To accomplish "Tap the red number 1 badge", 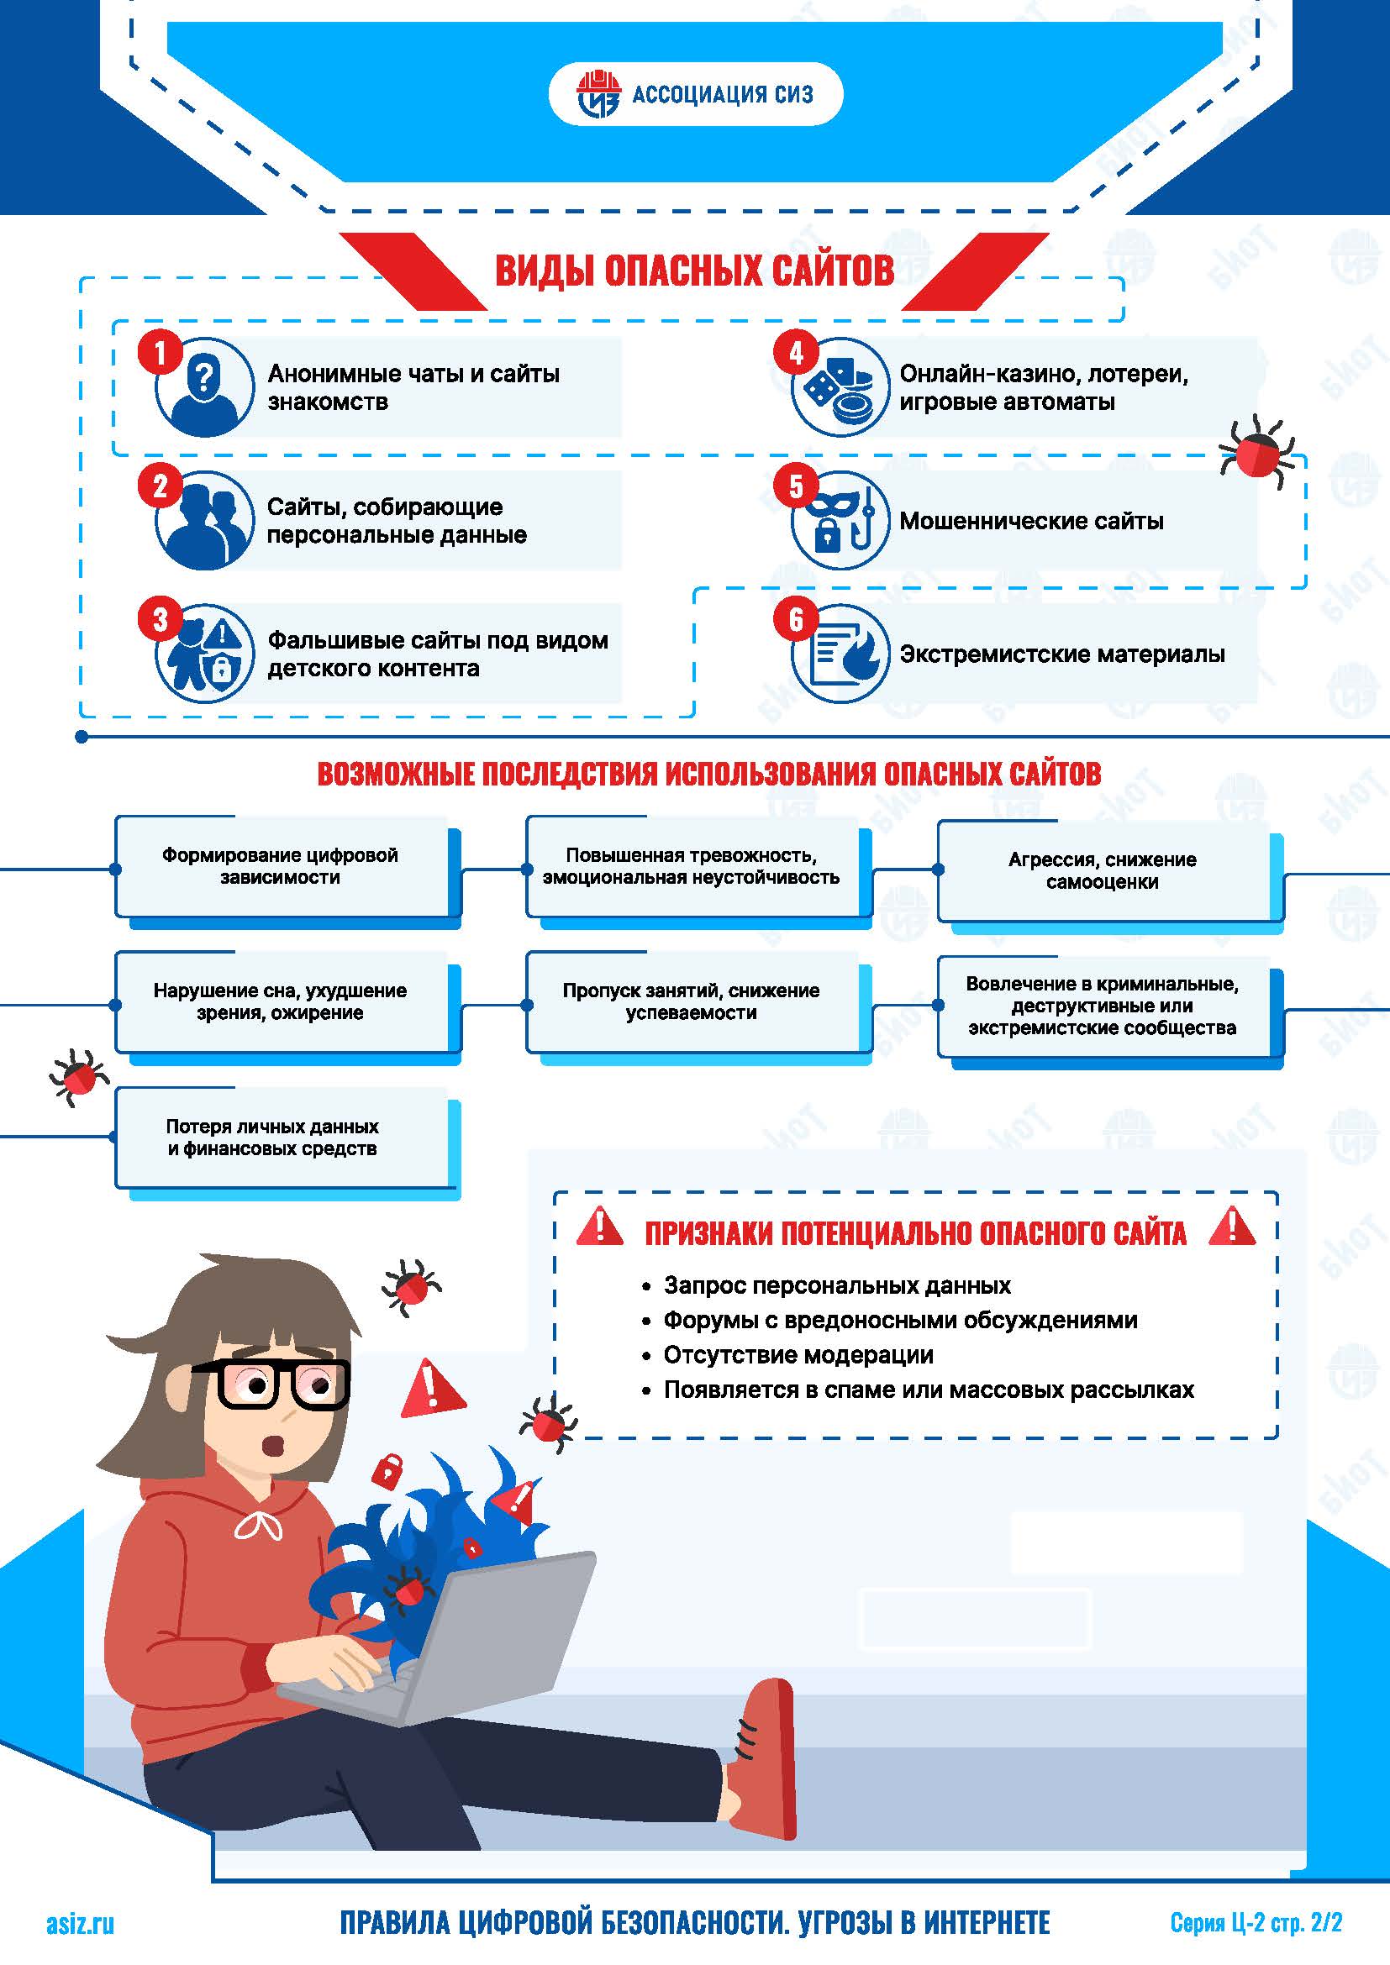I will (x=159, y=353).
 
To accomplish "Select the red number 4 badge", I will (x=795, y=353).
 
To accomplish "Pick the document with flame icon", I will (x=840, y=654).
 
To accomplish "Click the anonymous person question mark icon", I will (x=204, y=387).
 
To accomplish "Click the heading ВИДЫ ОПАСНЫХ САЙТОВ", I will (x=694, y=271).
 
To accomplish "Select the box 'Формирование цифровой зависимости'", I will (x=281, y=866).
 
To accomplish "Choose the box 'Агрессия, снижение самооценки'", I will (x=1103, y=870).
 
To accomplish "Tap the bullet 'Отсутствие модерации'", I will (x=798, y=1355).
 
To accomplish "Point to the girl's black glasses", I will (x=282, y=1384).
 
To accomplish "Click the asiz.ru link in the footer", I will (x=80, y=1925).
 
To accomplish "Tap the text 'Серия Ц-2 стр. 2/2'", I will (x=1256, y=1923).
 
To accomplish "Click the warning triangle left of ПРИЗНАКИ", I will (x=600, y=1227).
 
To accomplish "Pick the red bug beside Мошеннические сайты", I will (x=1256, y=451).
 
